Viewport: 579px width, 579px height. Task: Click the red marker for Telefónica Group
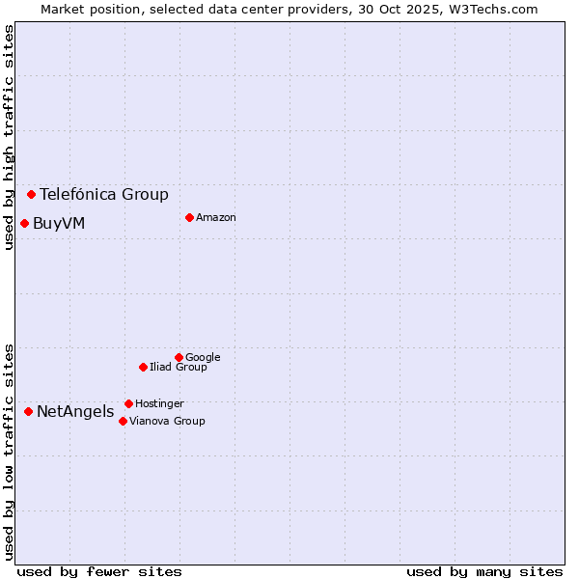pyautogui.click(x=31, y=194)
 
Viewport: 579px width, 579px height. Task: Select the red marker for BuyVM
pyautogui.click(x=24, y=223)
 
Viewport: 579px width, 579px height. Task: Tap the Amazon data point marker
pyautogui.click(x=189, y=217)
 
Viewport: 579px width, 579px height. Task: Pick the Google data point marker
pyautogui.click(x=179, y=357)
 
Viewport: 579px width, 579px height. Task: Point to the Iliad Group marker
pyautogui.click(x=143, y=367)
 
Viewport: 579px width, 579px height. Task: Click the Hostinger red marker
pyautogui.click(x=128, y=403)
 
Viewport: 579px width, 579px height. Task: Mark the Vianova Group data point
pyautogui.click(x=123, y=421)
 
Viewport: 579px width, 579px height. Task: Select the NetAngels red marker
pyautogui.click(x=28, y=411)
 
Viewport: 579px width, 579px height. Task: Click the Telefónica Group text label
pyautogui.click(x=104, y=194)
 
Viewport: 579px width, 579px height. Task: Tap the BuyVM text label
pyautogui.click(x=59, y=224)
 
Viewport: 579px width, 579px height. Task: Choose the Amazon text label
pyautogui.click(x=216, y=217)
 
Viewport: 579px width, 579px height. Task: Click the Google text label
pyautogui.click(x=203, y=357)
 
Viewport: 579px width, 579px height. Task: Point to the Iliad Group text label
pyautogui.click(x=179, y=367)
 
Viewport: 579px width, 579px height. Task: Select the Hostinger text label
pyautogui.click(x=159, y=403)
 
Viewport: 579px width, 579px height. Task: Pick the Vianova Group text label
pyautogui.click(x=167, y=421)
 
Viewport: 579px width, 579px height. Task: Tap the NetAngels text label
pyautogui.click(x=75, y=412)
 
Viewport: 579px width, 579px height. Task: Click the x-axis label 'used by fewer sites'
pyautogui.click(x=99, y=571)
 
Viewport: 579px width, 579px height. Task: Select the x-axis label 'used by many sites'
pyautogui.click(x=484, y=571)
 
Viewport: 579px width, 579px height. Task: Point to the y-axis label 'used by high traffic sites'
pyautogui.click(x=9, y=137)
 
